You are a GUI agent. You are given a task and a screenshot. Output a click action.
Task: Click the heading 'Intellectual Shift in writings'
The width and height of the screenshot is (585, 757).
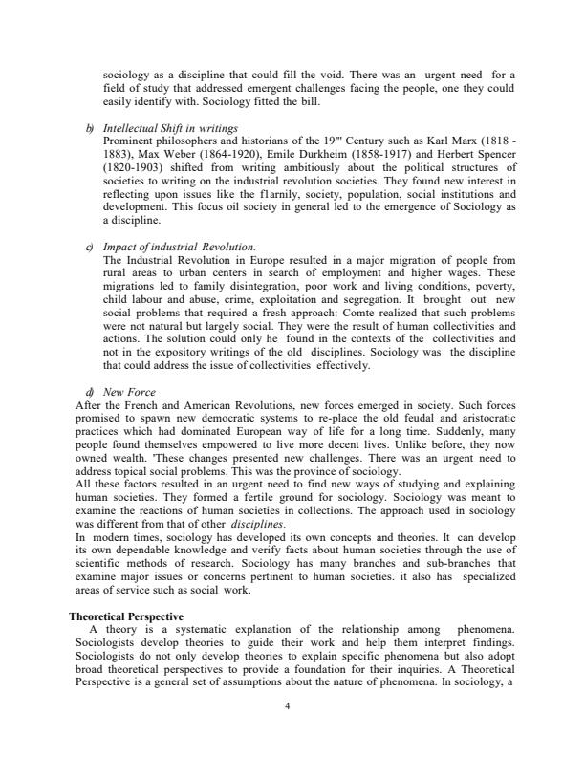tap(170, 127)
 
